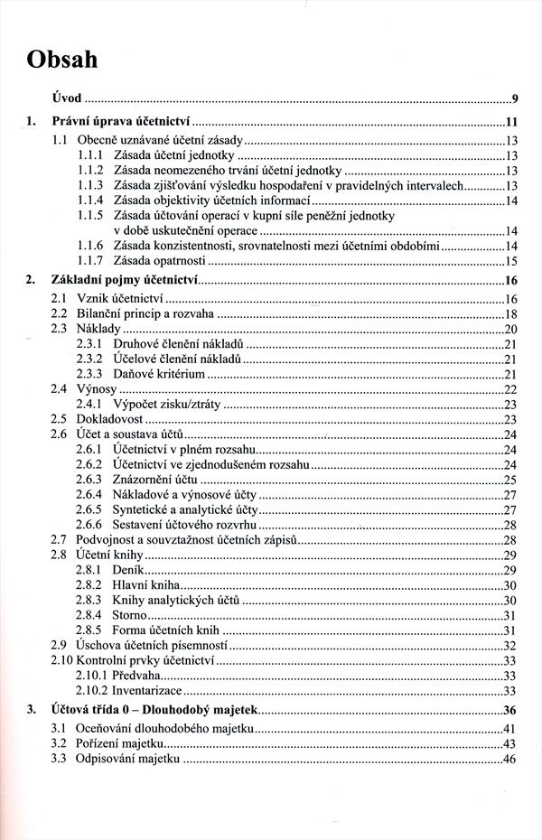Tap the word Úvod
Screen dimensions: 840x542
tap(67, 98)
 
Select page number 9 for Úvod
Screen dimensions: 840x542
tap(513, 98)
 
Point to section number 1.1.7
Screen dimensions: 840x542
tap(90, 261)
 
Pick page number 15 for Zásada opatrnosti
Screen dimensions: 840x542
tap(510, 261)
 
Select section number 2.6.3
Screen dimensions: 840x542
tap(90, 479)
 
